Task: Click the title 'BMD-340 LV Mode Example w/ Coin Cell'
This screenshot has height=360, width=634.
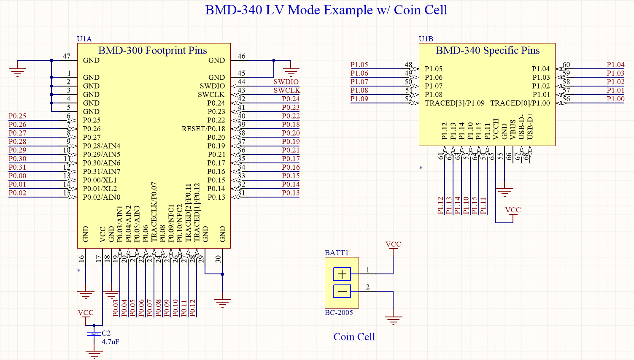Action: coord(326,10)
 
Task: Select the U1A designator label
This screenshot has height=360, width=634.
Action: coord(84,39)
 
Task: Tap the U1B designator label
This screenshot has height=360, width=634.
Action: coord(426,39)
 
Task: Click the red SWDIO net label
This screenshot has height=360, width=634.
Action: coord(286,82)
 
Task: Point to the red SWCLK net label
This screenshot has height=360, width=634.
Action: coord(286,90)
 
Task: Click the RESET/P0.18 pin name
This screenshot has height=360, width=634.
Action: coord(203,129)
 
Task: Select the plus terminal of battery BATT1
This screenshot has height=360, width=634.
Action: coord(342,274)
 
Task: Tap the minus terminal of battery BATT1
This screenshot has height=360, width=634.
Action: coord(342,291)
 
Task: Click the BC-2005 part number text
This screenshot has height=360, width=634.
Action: coord(339,313)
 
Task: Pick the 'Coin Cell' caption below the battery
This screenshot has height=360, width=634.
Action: coord(354,337)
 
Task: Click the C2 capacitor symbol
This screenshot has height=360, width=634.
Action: coord(94,334)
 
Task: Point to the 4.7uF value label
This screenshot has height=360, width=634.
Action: coord(110,342)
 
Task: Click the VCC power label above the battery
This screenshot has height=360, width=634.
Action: coord(393,244)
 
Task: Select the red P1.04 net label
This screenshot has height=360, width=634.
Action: coord(615,65)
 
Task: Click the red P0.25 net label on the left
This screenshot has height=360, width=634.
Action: coord(17,116)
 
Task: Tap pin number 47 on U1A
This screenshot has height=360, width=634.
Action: coord(67,56)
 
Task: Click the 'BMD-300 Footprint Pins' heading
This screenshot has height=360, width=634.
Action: coord(153,51)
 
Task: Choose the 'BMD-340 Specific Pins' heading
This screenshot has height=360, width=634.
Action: coord(488,51)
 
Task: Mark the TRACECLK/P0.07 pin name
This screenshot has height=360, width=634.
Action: coord(154,212)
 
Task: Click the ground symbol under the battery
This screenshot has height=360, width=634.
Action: coord(393,320)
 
